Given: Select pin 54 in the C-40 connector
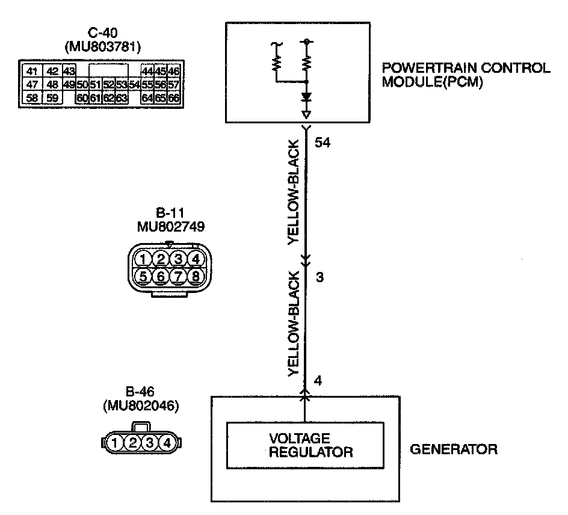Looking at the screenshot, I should (x=134, y=84).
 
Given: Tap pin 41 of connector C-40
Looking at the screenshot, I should (x=32, y=71).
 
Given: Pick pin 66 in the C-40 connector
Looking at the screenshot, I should (x=174, y=97).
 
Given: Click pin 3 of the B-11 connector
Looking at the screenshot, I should (x=177, y=259).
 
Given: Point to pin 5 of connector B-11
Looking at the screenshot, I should (x=143, y=276).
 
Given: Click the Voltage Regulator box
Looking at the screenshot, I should (x=304, y=445).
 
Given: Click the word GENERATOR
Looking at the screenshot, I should (x=453, y=449).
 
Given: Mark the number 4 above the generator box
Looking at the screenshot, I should (x=318, y=381).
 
